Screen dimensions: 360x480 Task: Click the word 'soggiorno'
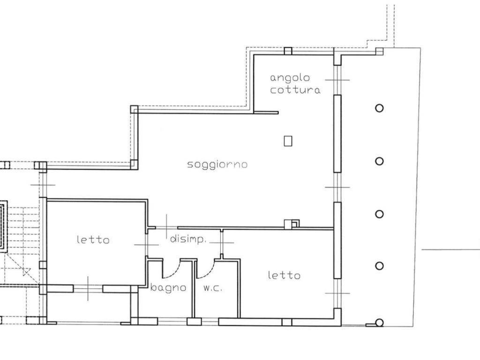[217, 165]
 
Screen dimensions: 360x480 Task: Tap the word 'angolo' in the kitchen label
[290, 78]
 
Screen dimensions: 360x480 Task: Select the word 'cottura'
[295, 90]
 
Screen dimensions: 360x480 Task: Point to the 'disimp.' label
[188, 240]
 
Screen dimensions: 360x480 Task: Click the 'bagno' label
[168, 288]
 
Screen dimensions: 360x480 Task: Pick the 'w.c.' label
[213, 288]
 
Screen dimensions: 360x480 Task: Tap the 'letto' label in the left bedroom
[93, 240]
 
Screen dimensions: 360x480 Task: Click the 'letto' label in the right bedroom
[284, 275]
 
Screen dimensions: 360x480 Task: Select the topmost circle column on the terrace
[379, 108]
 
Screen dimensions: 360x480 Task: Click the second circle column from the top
[379, 161]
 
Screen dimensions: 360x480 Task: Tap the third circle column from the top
[379, 214]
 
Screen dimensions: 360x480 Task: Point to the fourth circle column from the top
[379, 266]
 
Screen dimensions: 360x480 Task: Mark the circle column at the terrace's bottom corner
[379, 322]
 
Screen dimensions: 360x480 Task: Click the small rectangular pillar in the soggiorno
[288, 140]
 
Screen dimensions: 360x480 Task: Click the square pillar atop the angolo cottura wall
[288, 51]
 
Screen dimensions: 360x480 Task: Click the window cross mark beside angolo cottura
[337, 80]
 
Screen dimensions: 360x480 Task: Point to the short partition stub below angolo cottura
[266, 112]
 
